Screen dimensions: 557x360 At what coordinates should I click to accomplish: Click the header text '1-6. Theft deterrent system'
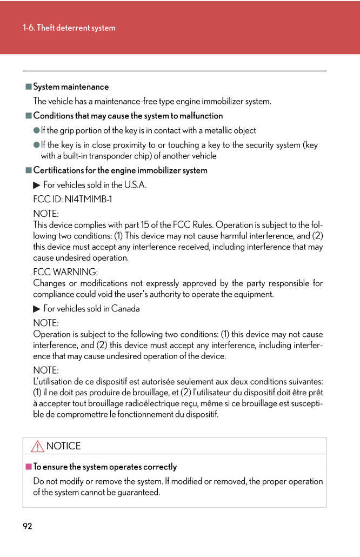click(69, 28)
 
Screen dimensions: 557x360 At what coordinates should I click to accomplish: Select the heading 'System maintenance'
click(71, 87)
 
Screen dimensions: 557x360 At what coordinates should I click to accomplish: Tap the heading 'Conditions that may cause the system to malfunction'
click(128, 116)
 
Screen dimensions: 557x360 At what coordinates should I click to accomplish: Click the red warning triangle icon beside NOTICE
click(37, 446)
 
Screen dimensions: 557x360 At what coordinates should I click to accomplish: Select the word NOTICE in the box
click(64, 446)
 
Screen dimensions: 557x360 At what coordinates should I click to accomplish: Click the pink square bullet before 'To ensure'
click(29, 466)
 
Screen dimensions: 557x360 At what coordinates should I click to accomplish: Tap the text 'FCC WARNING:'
click(65, 272)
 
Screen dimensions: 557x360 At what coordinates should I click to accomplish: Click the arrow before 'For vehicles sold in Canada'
click(37, 309)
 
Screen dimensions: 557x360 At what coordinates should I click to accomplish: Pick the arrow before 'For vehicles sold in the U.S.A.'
click(37, 185)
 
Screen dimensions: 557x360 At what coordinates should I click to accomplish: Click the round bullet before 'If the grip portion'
click(37, 130)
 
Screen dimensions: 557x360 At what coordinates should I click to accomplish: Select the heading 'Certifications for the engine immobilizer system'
click(121, 170)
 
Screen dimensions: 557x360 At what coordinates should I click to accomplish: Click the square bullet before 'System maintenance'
click(29, 87)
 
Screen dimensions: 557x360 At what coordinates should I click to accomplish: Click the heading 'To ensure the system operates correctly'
click(105, 467)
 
